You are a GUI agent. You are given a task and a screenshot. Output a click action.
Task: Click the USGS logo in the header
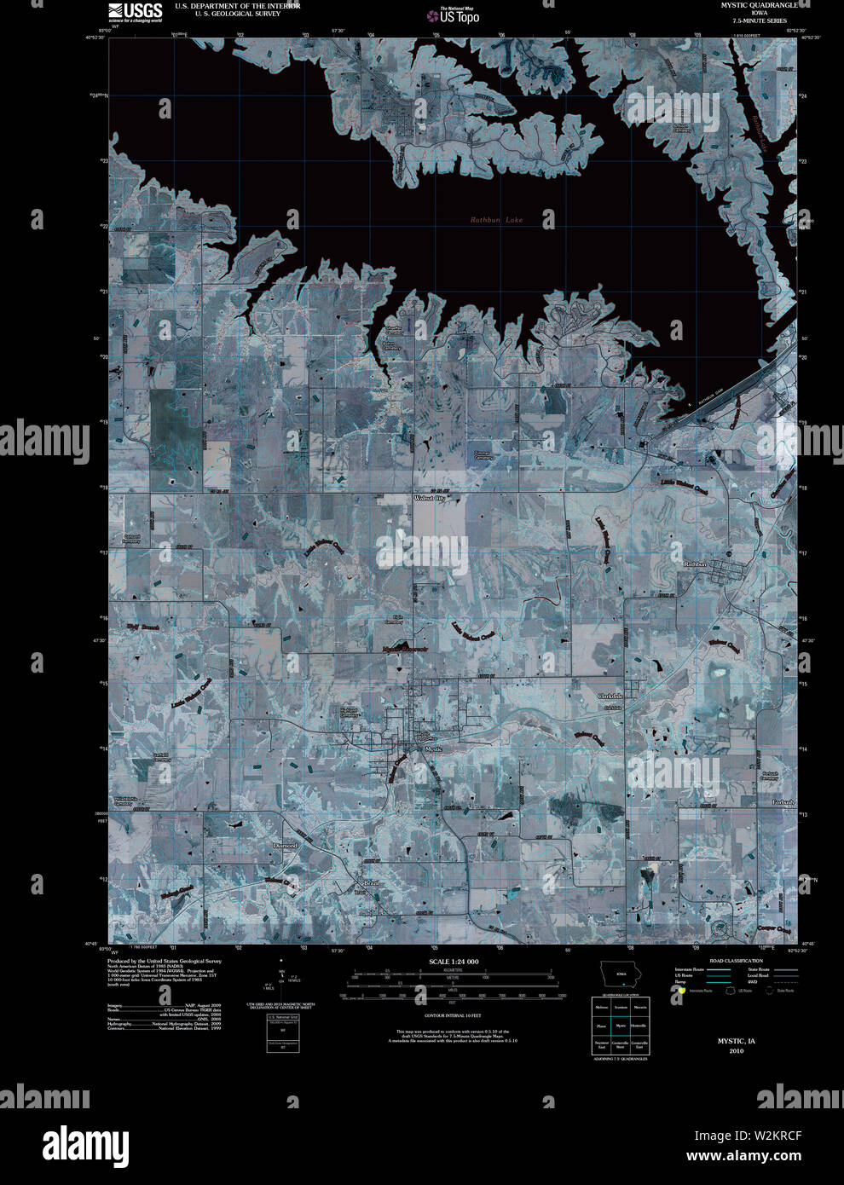136,12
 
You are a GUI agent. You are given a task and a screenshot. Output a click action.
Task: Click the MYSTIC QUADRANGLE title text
747,5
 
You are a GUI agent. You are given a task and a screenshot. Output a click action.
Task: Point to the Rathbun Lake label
497,220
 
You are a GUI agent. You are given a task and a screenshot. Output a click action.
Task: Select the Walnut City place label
430,498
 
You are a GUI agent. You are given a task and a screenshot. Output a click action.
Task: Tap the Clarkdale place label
610,697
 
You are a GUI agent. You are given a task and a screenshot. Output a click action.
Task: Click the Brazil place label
371,883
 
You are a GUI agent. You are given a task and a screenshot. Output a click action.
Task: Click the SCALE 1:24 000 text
454,962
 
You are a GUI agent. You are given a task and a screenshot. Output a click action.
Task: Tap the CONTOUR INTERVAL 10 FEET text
453,1016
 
